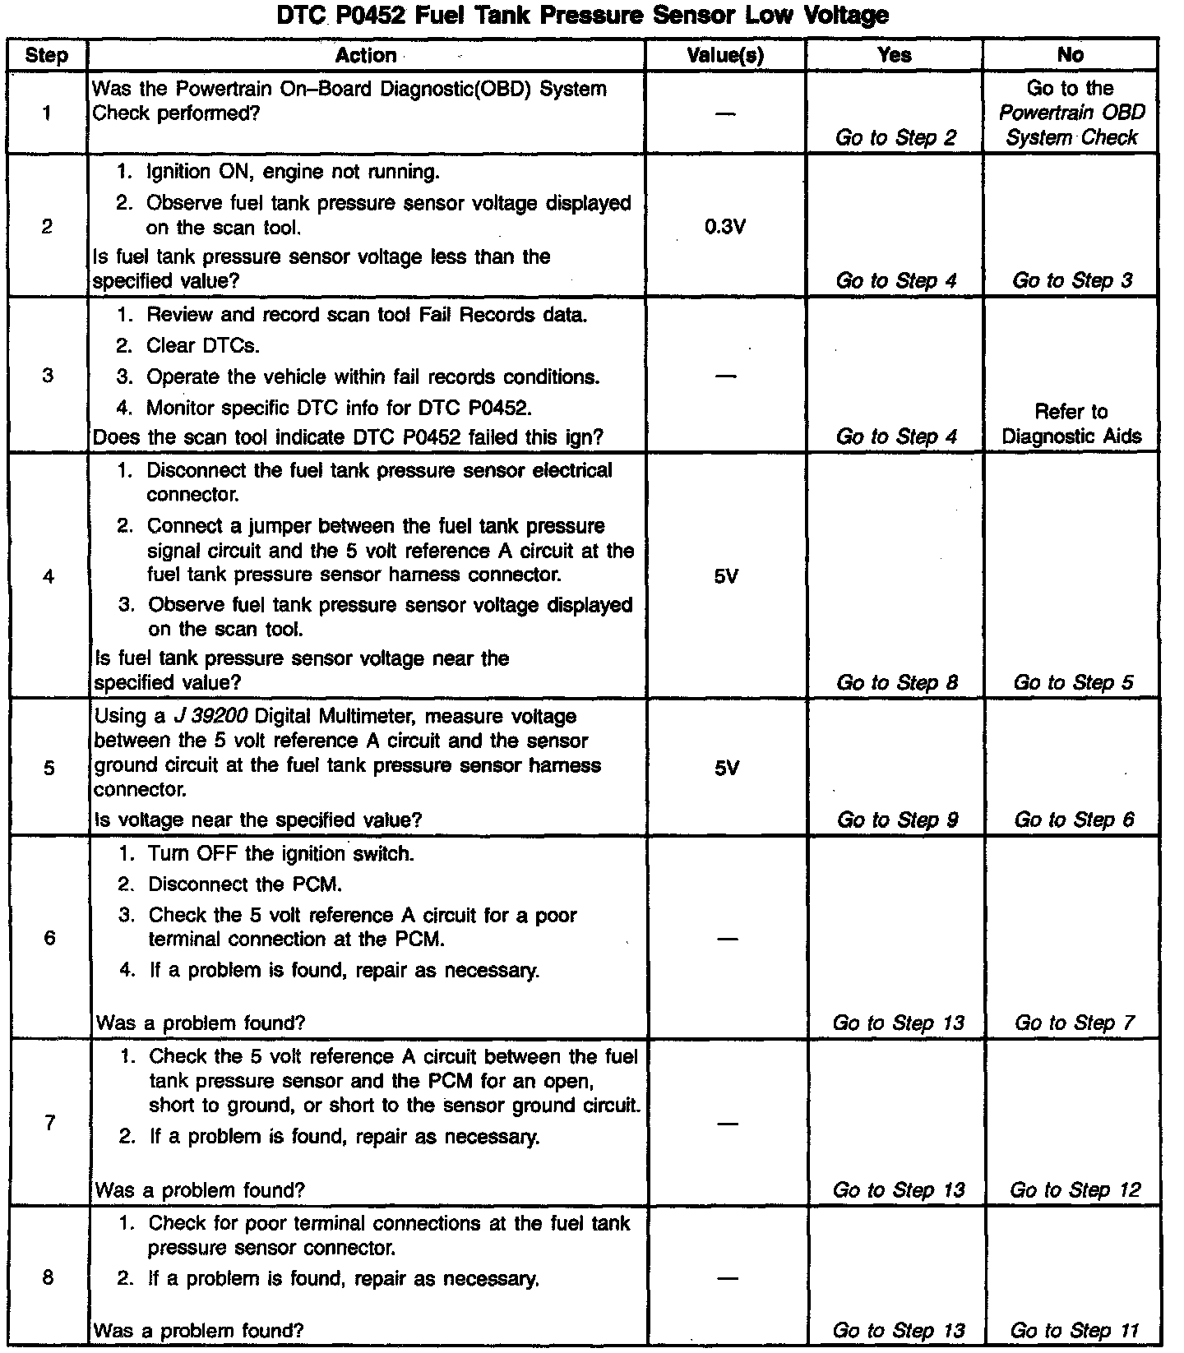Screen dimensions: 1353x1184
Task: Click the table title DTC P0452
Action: [582, 15]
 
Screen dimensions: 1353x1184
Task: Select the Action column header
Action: [366, 55]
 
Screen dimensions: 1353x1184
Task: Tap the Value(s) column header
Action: [725, 55]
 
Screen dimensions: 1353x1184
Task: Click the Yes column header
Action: [894, 55]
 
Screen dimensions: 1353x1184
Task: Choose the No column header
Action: [1070, 55]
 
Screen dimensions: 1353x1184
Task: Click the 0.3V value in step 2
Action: [725, 227]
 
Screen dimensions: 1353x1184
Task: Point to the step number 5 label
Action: [49, 768]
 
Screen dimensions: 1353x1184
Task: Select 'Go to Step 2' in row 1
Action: [895, 138]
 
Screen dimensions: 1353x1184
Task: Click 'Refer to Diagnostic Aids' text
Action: [1071, 423]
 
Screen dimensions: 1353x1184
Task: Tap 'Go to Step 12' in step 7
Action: [1075, 1189]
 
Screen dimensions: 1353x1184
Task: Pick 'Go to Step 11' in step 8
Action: [1074, 1330]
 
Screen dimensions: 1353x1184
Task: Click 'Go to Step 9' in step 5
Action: [897, 820]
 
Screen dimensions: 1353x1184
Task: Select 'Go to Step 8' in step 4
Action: [897, 682]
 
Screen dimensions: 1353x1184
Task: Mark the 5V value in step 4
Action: [726, 576]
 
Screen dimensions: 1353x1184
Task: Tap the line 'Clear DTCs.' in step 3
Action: [202, 345]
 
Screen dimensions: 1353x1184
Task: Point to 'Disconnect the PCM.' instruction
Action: [245, 884]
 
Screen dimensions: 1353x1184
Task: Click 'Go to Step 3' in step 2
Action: [1072, 280]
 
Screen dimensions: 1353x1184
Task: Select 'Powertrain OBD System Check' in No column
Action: [1071, 125]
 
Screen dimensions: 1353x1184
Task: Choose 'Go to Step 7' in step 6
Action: [1074, 1023]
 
